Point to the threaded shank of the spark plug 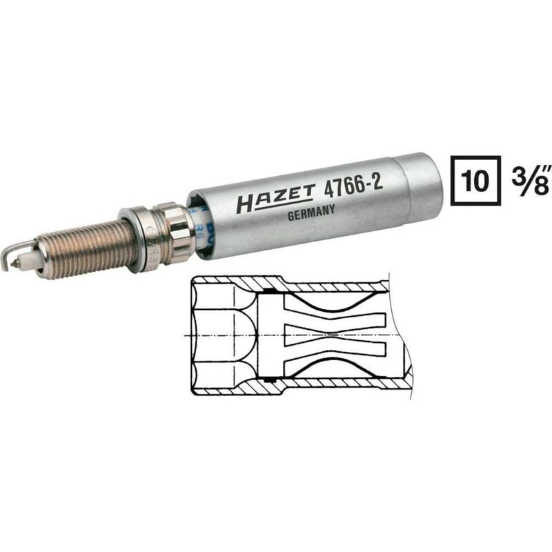click(x=79, y=248)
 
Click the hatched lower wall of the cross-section click(x=331, y=384)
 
